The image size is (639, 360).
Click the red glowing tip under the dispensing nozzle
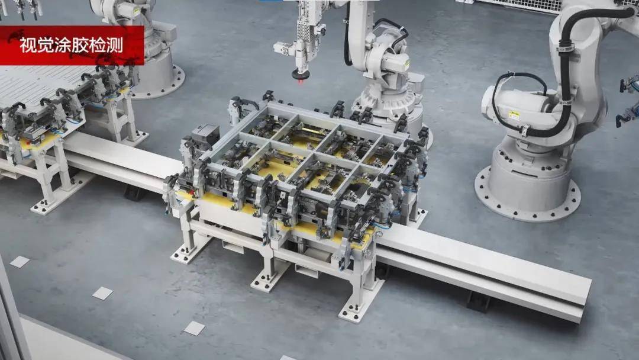[301, 82]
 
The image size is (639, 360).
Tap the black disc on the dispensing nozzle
[301, 75]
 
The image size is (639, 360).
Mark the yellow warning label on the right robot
[514, 114]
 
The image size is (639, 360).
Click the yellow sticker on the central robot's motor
[407, 65]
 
